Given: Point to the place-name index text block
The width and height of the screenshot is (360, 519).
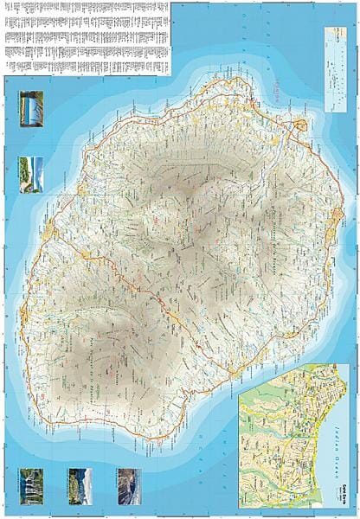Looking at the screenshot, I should coord(87,35).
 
